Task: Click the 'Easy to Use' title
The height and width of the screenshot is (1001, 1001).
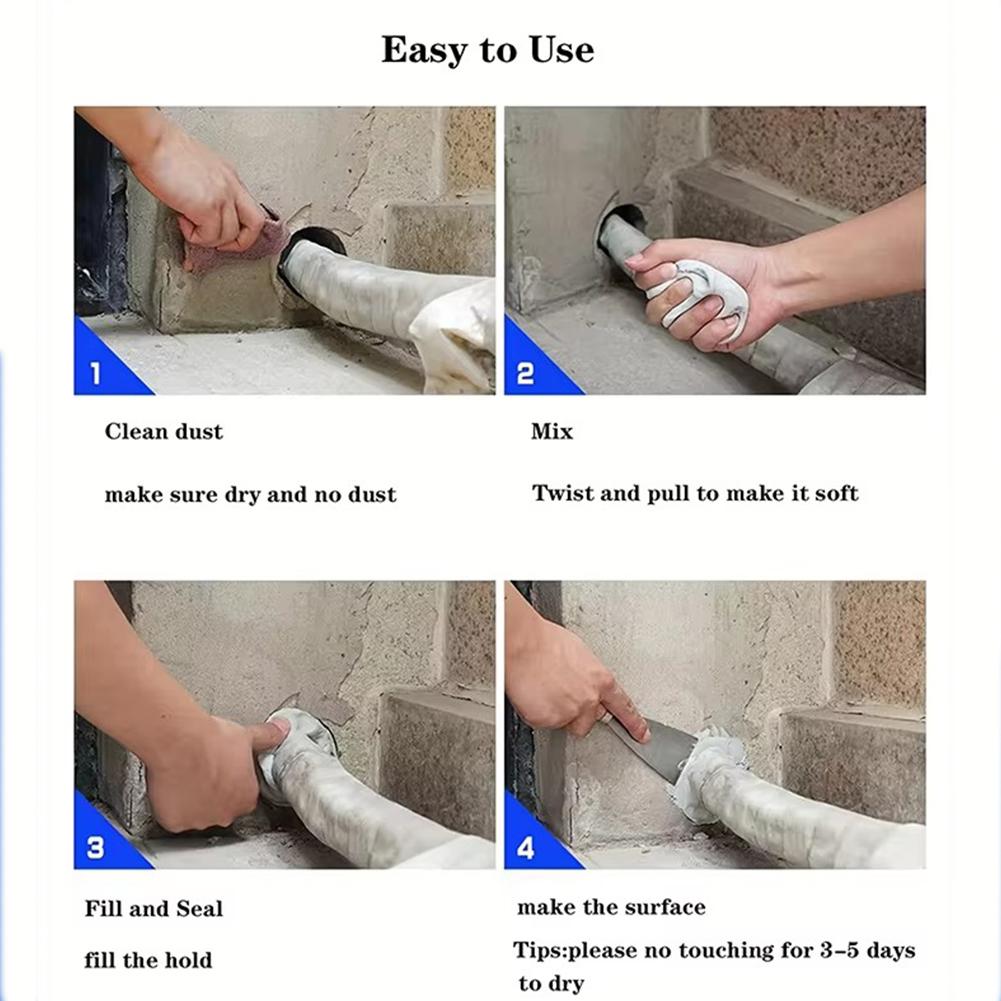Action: [x=488, y=50]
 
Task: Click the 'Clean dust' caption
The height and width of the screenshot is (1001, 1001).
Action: [x=164, y=432]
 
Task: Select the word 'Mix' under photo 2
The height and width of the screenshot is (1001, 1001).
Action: [x=552, y=432]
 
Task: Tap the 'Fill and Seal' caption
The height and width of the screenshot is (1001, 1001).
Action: [x=154, y=908]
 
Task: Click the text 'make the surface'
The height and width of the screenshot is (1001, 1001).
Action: [x=612, y=907]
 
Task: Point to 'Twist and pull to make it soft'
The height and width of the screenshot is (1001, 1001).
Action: [x=695, y=493]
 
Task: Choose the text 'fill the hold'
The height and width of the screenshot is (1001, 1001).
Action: [x=148, y=960]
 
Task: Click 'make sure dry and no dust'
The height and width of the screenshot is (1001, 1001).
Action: [x=250, y=495]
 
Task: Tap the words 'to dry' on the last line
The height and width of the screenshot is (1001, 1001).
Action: [x=551, y=984]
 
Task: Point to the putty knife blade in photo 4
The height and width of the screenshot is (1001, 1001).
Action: [x=658, y=750]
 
